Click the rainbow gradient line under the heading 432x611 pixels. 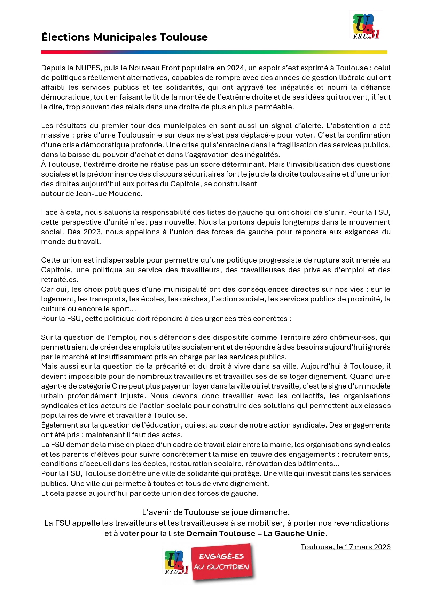pos(214,52)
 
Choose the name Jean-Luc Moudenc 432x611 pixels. pos(109,194)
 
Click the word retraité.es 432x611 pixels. pos(60,280)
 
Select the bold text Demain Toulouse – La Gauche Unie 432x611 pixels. pos(256,533)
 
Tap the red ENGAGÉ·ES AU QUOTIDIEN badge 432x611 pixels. pos(222,562)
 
